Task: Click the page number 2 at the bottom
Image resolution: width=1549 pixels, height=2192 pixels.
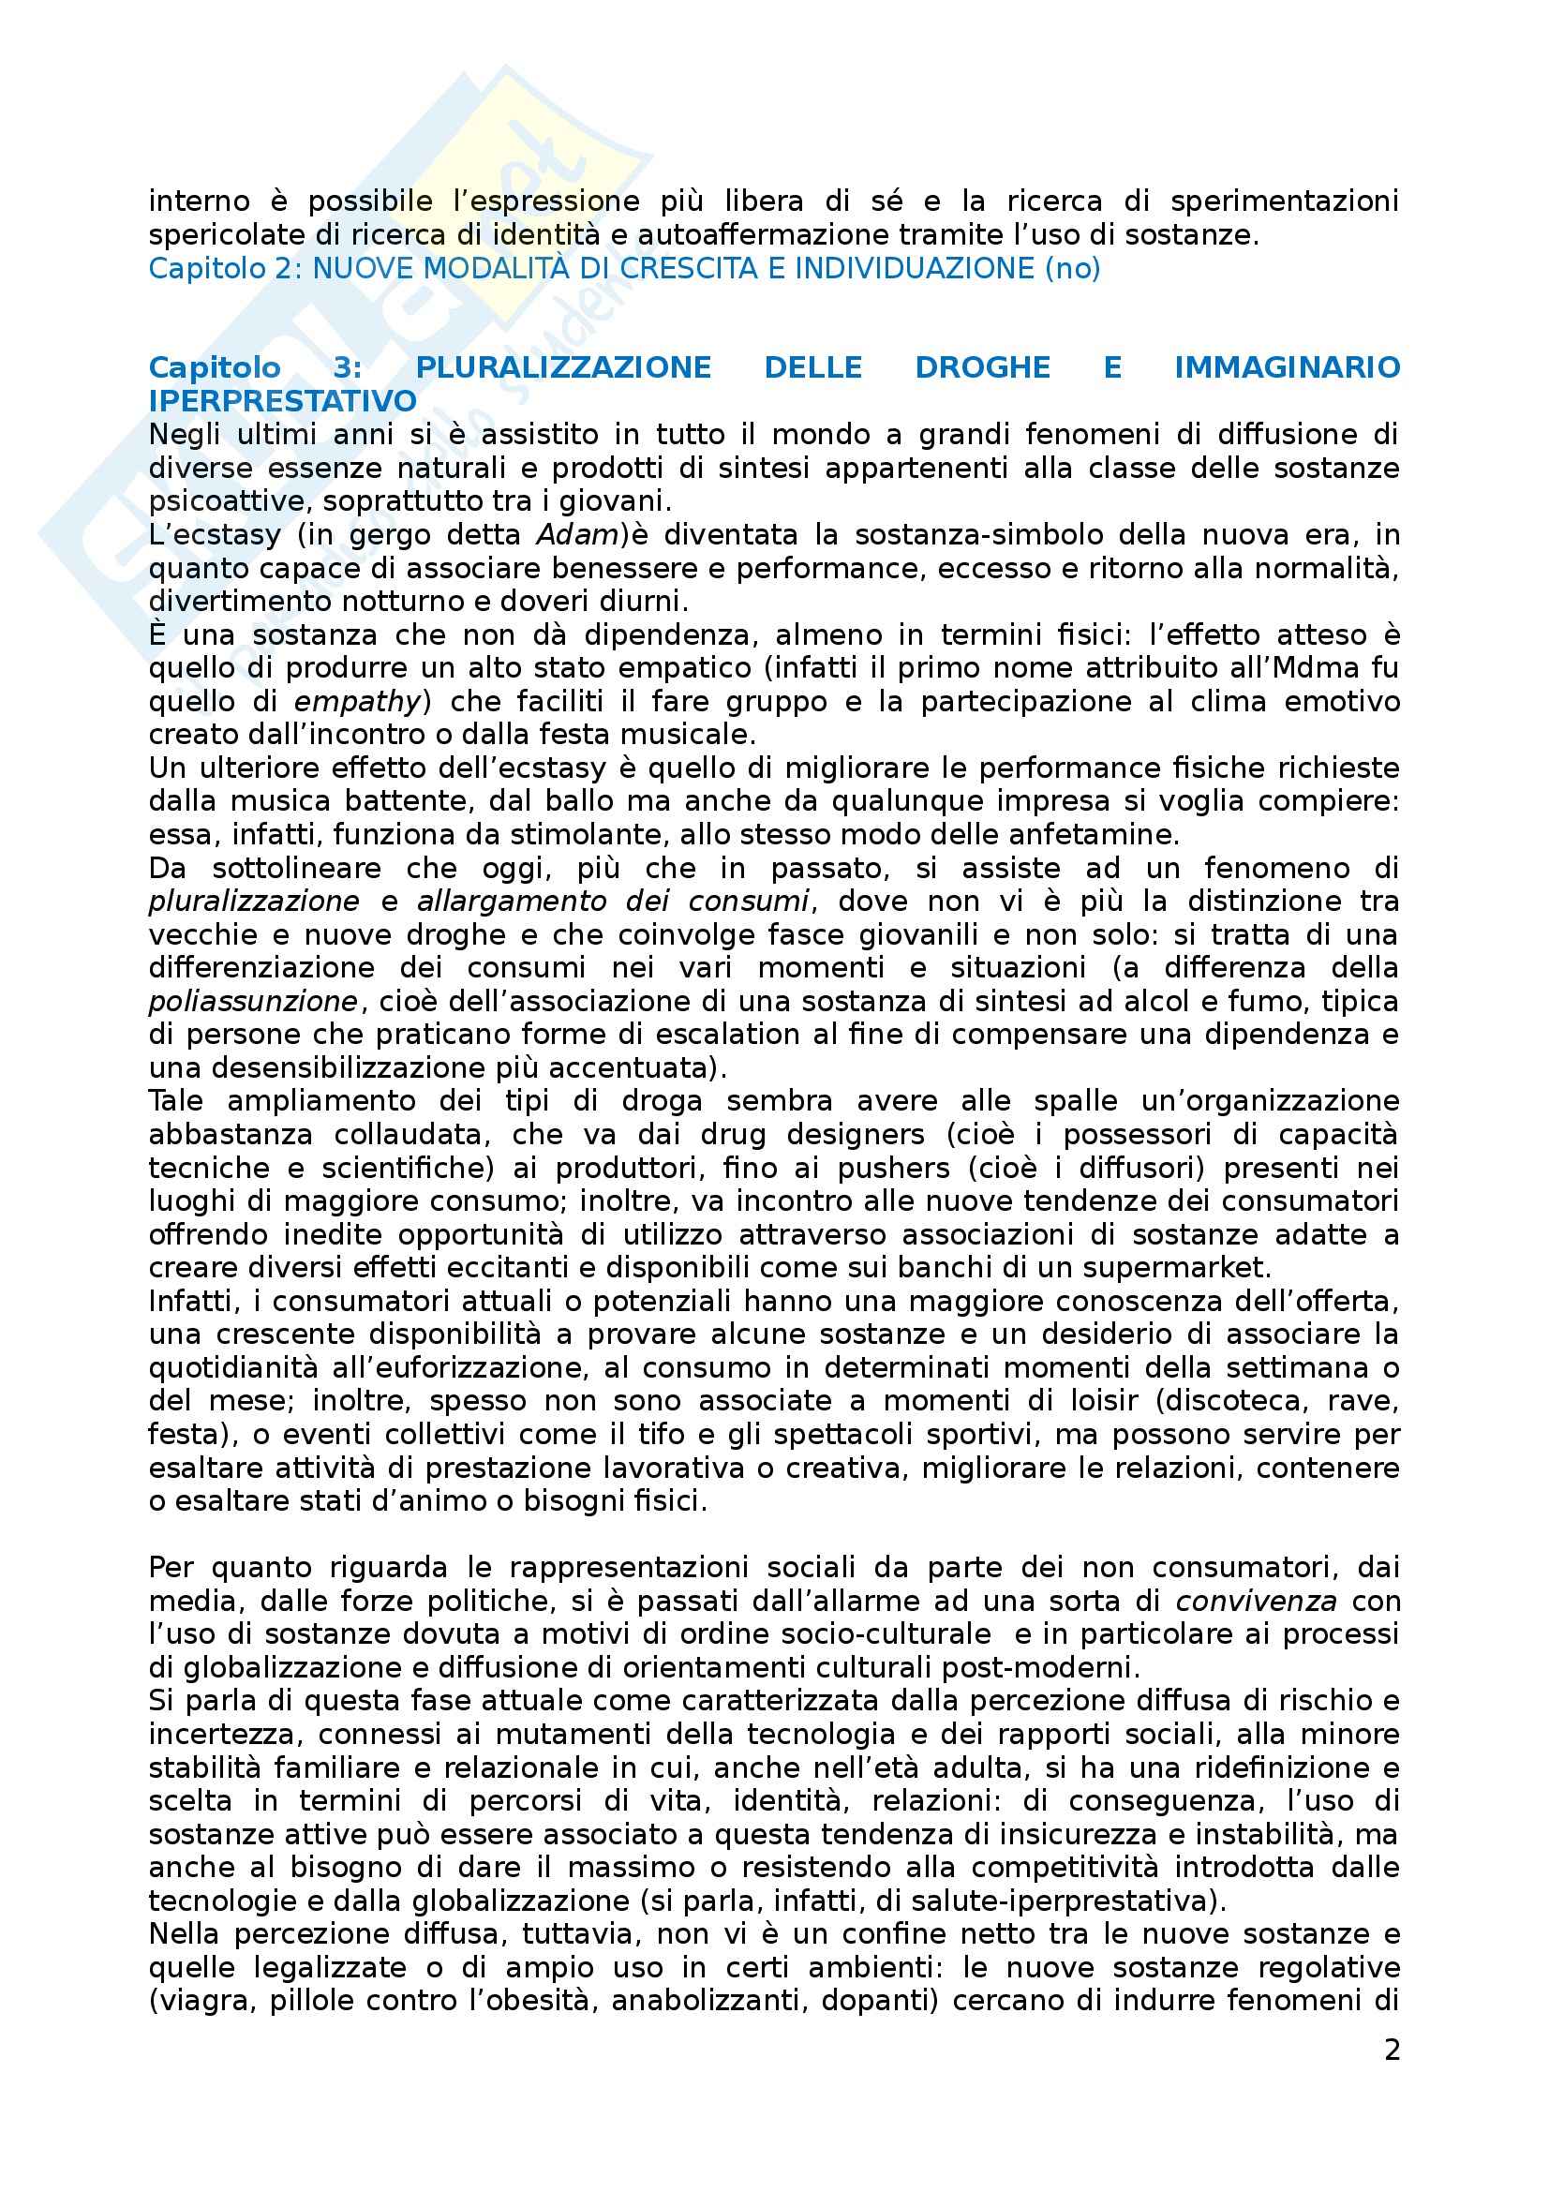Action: coord(1392,2050)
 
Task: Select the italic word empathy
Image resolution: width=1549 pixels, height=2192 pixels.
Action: coord(356,702)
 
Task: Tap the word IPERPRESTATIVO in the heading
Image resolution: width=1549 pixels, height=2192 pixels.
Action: coord(282,401)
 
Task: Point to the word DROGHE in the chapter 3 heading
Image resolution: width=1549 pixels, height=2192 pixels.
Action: coord(982,367)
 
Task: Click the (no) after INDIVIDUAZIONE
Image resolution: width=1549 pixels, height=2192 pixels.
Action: coord(1073,268)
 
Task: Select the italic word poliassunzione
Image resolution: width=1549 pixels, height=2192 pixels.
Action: coord(253,1002)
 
